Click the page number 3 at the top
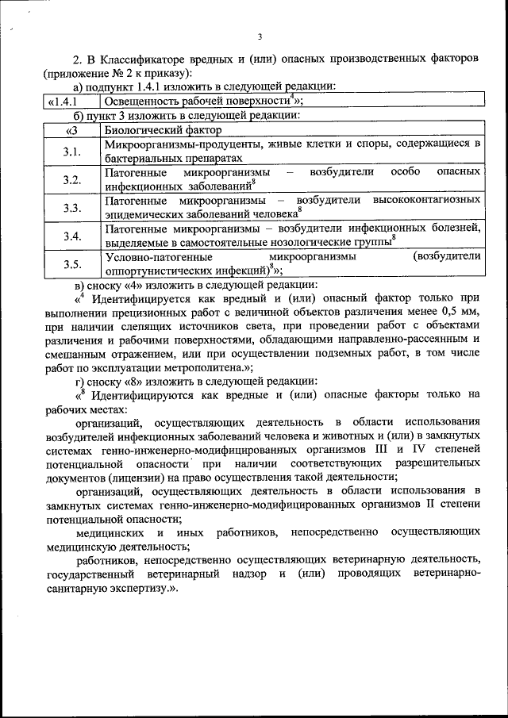(x=260, y=35)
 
